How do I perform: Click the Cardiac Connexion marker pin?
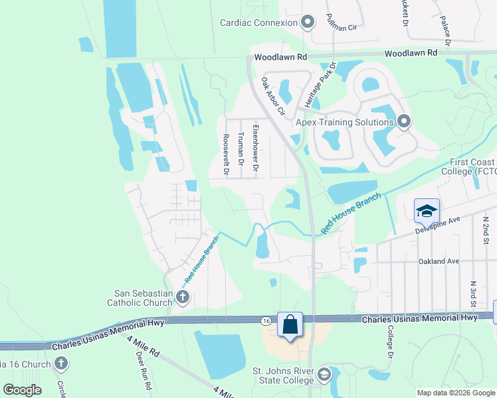click(307, 23)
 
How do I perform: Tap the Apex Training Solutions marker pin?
click(404, 121)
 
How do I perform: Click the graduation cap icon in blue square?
click(426, 211)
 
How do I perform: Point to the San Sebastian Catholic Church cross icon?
click(182, 298)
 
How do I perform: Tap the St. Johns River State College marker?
click(324, 375)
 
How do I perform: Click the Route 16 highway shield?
click(266, 320)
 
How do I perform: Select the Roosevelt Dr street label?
click(226, 153)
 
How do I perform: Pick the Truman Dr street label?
click(241, 149)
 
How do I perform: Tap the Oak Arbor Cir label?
click(272, 96)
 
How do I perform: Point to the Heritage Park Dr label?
click(322, 85)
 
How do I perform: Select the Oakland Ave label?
click(439, 261)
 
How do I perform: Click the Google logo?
click(22, 390)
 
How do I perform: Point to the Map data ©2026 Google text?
click(455, 393)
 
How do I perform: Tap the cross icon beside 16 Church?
click(61, 364)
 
